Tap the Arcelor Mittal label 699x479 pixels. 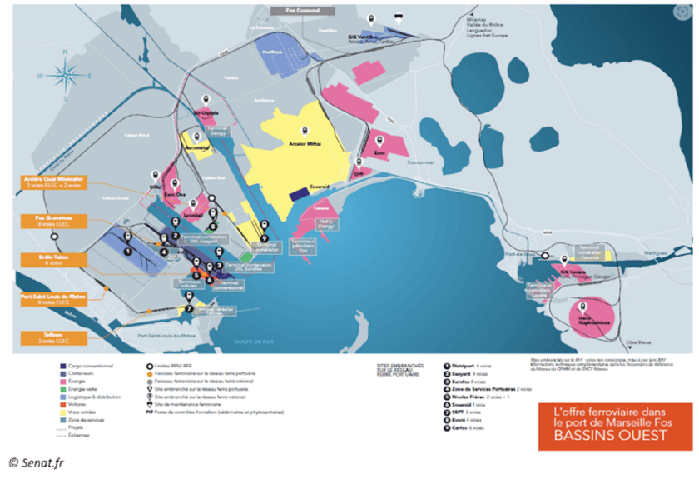(305, 142)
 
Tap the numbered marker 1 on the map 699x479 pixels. (127, 250)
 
